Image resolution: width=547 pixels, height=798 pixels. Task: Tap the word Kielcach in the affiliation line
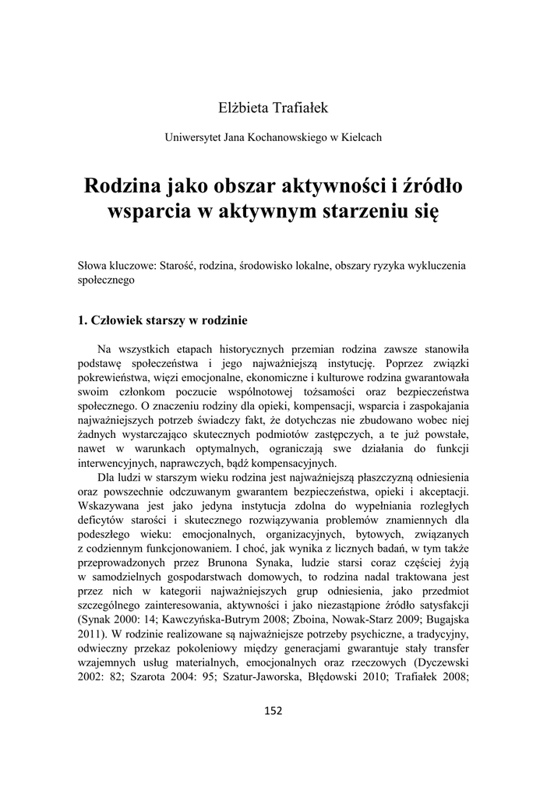point(360,137)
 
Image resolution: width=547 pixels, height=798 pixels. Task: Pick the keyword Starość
point(178,265)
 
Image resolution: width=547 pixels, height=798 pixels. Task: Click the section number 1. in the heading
point(84,319)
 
